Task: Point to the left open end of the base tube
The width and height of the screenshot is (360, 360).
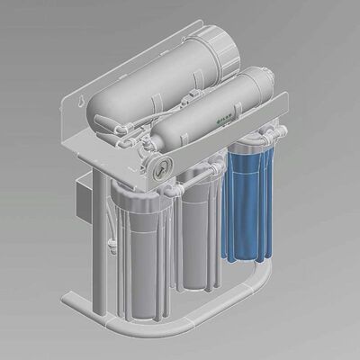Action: coord(66,299)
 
